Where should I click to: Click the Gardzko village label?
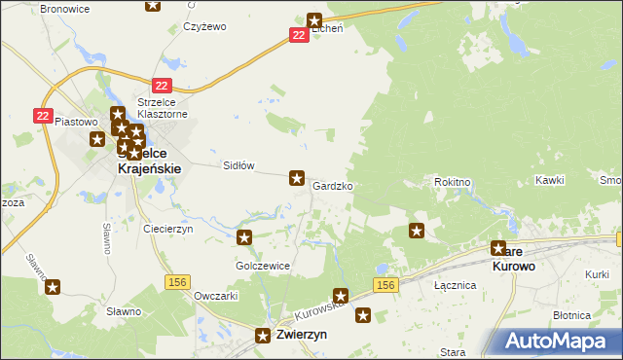(x=333, y=185)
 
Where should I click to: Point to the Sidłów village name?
(x=239, y=165)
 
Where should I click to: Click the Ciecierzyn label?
(x=168, y=229)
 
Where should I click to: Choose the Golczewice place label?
(x=258, y=265)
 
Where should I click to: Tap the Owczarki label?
(x=217, y=295)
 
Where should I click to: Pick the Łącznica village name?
(x=455, y=285)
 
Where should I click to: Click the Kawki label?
(x=550, y=181)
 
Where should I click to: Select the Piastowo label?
(x=78, y=122)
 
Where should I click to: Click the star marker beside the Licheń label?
(x=314, y=19)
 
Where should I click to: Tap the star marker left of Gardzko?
(x=297, y=178)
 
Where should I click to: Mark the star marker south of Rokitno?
(x=417, y=231)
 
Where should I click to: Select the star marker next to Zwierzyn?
(x=263, y=336)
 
